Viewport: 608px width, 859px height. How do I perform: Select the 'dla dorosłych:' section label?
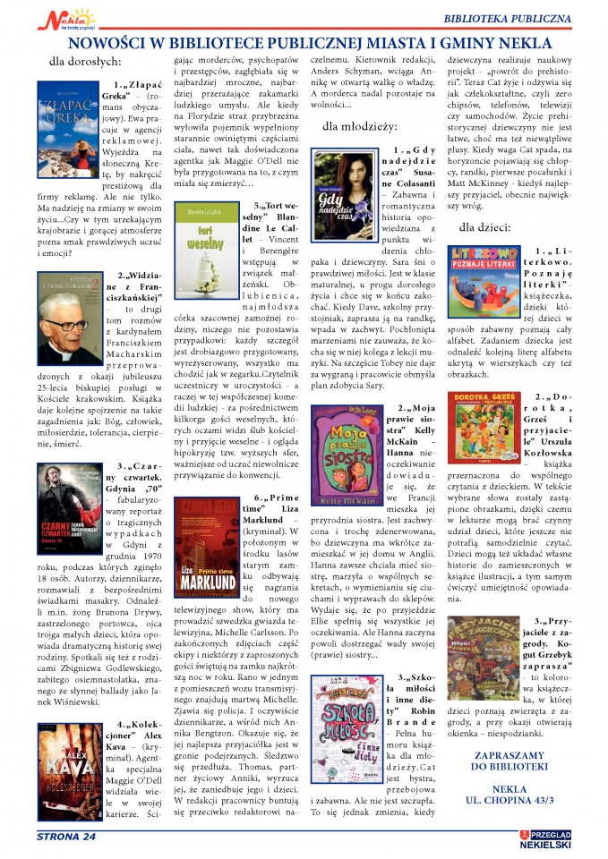(x=85, y=62)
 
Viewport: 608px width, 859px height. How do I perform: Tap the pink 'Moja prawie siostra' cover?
(x=344, y=452)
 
